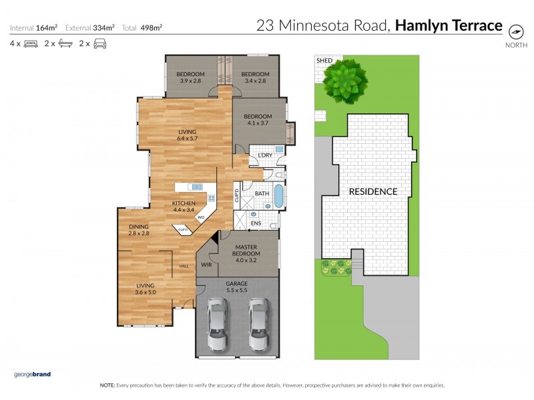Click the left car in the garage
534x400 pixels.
tap(218, 324)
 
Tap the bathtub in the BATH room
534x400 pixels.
tap(278, 198)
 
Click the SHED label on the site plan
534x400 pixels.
tap(324, 61)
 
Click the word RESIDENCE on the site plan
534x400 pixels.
tap(373, 191)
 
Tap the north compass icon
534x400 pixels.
tap(515, 31)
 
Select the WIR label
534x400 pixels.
tap(206, 265)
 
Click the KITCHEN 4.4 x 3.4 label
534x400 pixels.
tap(184, 206)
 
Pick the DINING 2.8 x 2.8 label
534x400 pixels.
tap(139, 230)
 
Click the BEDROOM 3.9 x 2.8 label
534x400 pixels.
tap(190, 77)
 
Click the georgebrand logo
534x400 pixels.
tap(33, 374)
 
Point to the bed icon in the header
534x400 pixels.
tap(31, 44)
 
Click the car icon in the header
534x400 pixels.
tap(99, 44)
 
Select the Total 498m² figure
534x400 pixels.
tap(142, 28)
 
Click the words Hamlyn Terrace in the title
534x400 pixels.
tap(449, 26)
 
